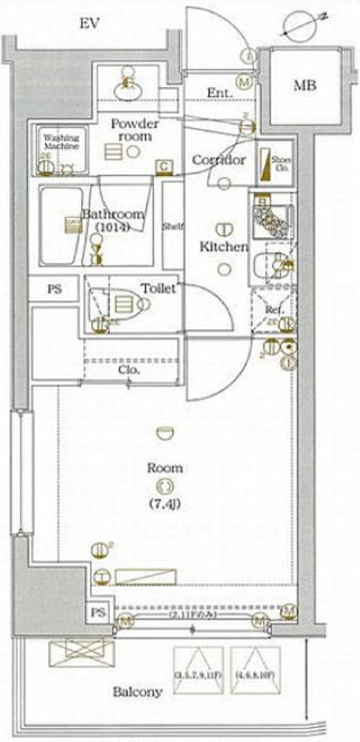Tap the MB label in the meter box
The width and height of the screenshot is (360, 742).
[x=305, y=86]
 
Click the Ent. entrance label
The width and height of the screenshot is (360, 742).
[x=218, y=93]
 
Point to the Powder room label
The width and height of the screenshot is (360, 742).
[x=135, y=130]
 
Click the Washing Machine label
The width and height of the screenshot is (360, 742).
[x=56, y=142]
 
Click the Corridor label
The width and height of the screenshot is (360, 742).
[x=218, y=159]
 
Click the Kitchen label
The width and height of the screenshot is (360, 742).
[x=225, y=247]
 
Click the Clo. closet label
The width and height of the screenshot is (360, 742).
[x=130, y=370]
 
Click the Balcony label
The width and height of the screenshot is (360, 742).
[x=138, y=691]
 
